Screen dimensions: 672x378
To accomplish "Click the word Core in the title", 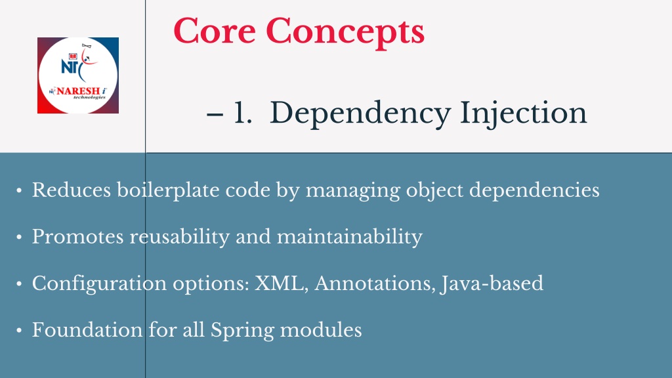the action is [x=215, y=31].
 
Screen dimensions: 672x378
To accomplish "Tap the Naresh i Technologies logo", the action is [x=78, y=75].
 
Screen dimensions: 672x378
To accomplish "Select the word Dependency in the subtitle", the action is [x=360, y=114].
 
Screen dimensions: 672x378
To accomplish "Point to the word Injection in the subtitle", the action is [x=523, y=114].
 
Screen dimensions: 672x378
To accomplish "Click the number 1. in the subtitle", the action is [x=243, y=113].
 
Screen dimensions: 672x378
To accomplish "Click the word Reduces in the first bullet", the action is [x=72, y=190].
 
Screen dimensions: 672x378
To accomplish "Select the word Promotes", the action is [x=78, y=236].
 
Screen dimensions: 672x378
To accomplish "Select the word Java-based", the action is [x=492, y=284].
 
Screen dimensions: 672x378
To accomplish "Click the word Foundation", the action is [x=87, y=330].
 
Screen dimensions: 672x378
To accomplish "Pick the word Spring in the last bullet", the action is [x=242, y=331].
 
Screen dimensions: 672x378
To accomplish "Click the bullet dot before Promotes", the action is [x=19, y=237].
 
